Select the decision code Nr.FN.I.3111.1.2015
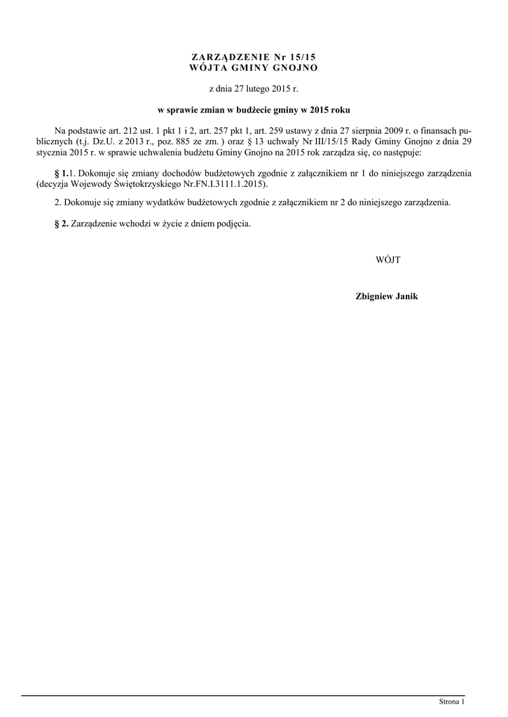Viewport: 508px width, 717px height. click(227, 183)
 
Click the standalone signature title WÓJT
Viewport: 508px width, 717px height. click(387, 260)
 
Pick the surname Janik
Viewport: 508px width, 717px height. click(408, 297)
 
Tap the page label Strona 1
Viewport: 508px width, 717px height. click(451, 701)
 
